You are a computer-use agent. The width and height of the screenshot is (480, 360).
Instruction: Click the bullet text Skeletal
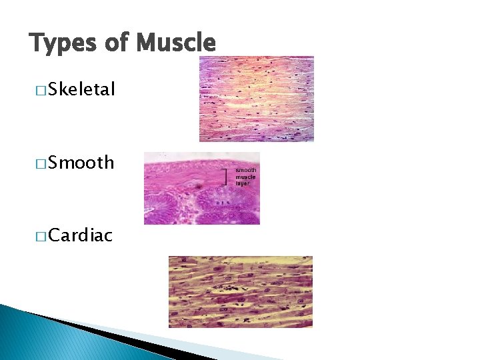tap(81, 89)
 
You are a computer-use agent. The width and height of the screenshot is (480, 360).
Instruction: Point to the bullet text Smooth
tap(81, 163)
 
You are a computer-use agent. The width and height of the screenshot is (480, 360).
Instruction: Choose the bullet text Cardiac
tap(80, 235)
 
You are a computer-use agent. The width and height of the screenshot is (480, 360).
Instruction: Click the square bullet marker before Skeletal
tap(41, 90)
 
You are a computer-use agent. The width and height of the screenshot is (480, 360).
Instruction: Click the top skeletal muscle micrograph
tap(257, 99)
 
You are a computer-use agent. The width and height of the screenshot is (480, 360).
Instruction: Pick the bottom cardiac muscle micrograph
tap(240, 292)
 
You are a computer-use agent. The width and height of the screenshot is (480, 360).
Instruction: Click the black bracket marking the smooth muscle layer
tap(225, 177)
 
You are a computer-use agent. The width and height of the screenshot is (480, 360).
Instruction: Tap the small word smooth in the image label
tap(246, 171)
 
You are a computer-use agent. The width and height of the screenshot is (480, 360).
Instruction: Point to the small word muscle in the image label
tap(245, 177)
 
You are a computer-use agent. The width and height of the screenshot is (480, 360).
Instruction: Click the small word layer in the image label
tap(243, 183)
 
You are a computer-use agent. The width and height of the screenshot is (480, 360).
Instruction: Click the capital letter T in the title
tap(37, 43)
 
